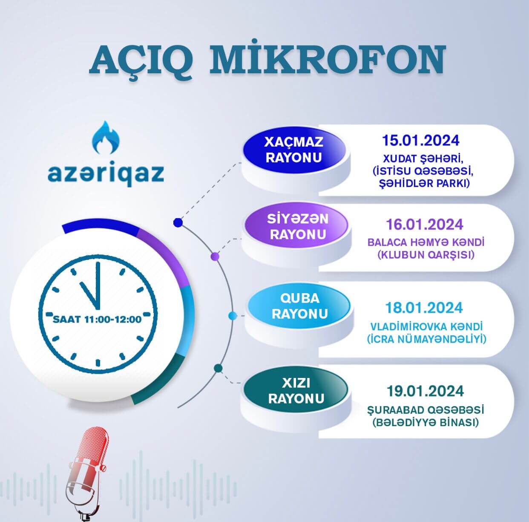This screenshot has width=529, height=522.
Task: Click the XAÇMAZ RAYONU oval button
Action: click(294, 150)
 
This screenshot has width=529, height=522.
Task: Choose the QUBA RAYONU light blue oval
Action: click(300, 306)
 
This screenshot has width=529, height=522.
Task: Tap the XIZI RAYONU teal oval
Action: click(296, 390)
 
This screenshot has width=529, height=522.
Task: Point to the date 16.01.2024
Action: click(425, 224)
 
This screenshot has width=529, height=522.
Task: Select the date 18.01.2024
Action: click(424, 308)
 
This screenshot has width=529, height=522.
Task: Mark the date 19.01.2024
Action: click(425, 391)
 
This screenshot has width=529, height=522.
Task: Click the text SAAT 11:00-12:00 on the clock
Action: click(97, 319)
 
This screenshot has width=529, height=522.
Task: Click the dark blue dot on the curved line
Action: click(178, 222)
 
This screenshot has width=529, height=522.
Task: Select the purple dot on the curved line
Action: click(215, 257)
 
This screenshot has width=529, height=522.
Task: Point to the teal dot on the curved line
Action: click(218, 368)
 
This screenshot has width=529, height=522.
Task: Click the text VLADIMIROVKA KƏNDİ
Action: click(426, 327)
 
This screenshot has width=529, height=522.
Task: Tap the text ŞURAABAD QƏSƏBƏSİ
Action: click(425, 410)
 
